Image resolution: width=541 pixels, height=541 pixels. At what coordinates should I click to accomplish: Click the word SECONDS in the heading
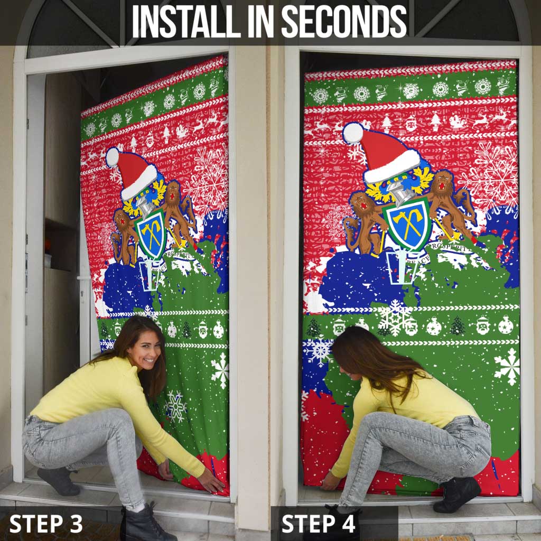[343, 22]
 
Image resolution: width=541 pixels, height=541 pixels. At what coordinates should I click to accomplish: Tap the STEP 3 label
[46, 524]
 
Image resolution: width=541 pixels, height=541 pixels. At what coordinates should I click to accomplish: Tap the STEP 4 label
[319, 524]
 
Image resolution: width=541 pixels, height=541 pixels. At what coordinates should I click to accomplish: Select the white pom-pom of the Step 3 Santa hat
[112, 157]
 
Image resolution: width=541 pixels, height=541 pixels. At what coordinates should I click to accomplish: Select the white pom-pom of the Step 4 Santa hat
[352, 133]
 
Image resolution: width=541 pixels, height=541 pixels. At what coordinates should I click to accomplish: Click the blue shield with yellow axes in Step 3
[151, 232]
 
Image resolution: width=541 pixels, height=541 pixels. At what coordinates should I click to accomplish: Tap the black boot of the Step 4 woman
[458, 494]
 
